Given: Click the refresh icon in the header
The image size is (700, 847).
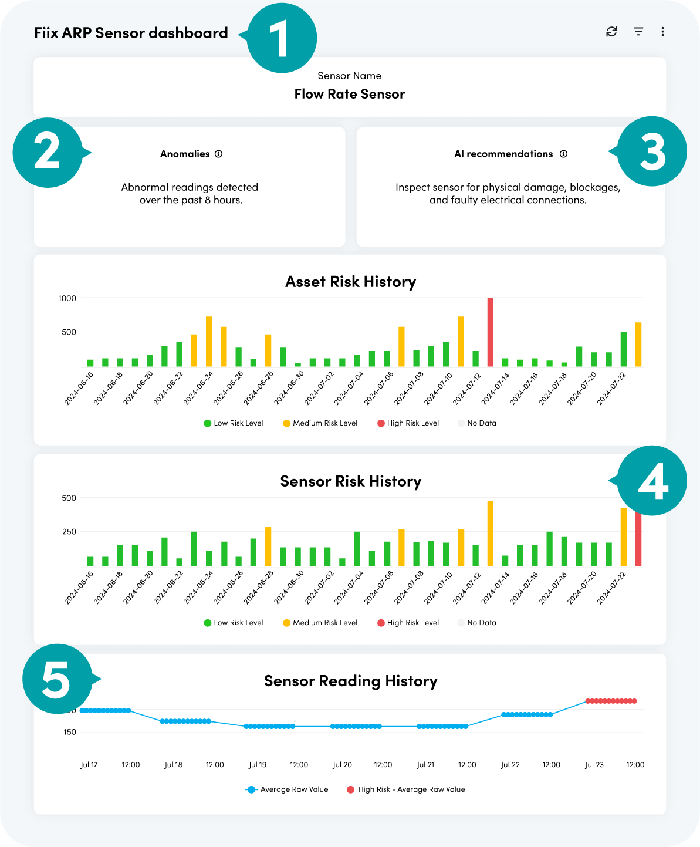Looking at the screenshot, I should (611, 32).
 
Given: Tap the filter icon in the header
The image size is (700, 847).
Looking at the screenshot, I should (638, 32).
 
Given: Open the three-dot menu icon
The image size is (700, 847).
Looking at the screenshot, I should (662, 32).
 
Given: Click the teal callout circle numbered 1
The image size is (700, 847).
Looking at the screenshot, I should (282, 38).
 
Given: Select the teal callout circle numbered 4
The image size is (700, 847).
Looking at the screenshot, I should (652, 481).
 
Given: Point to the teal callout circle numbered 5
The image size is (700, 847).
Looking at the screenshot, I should (58, 679).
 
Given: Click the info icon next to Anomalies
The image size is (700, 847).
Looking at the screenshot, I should (218, 154).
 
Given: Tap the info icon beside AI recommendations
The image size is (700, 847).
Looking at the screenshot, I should (563, 154).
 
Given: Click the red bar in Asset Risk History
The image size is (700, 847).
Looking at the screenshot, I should (491, 332).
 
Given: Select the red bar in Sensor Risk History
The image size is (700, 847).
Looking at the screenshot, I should (638, 540).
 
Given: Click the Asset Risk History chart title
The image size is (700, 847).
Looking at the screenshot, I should (350, 282).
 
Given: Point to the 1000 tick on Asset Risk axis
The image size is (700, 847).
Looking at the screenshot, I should (67, 298).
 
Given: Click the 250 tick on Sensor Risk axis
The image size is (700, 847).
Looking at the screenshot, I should (69, 532).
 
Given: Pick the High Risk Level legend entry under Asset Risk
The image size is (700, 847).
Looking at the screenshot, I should (408, 423).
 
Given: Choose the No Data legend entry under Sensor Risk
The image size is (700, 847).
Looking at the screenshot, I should (477, 623).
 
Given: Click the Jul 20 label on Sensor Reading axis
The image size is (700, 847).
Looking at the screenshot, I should (342, 765).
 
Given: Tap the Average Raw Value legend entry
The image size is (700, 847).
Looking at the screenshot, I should (287, 789).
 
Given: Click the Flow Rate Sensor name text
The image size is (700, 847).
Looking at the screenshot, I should (350, 94).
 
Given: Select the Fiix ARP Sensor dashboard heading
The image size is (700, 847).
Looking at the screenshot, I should (131, 33).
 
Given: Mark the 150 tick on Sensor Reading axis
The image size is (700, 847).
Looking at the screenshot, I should (70, 732).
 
